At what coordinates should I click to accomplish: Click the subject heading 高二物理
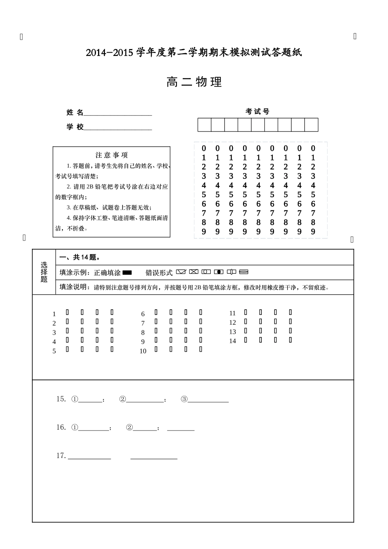(x=194, y=82)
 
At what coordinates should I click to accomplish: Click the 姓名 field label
(x=75, y=113)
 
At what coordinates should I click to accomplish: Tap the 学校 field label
(x=75, y=127)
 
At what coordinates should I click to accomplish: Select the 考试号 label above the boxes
(x=257, y=112)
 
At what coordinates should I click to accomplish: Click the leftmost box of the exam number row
(x=204, y=125)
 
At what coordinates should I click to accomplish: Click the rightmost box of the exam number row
(x=311, y=125)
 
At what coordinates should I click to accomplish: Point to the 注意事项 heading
(x=111, y=155)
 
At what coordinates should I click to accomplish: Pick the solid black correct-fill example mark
(x=127, y=272)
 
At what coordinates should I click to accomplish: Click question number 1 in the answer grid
(x=54, y=314)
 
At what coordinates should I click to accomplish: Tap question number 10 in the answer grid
(x=143, y=351)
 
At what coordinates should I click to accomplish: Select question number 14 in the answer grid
(x=232, y=341)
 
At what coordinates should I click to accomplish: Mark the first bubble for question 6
(x=156, y=312)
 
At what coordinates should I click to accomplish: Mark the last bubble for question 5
(x=112, y=349)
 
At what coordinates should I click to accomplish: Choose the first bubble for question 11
(x=245, y=312)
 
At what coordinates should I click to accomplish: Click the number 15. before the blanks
(x=61, y=399)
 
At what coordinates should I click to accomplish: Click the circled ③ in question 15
(x=184, y=399)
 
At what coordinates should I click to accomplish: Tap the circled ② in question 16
(x=129, y=428)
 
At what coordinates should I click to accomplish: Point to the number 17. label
(x=61, y=456)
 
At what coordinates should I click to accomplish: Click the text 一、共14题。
(x=80, y=257)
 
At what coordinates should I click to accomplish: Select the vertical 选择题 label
(x=44, y=272)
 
